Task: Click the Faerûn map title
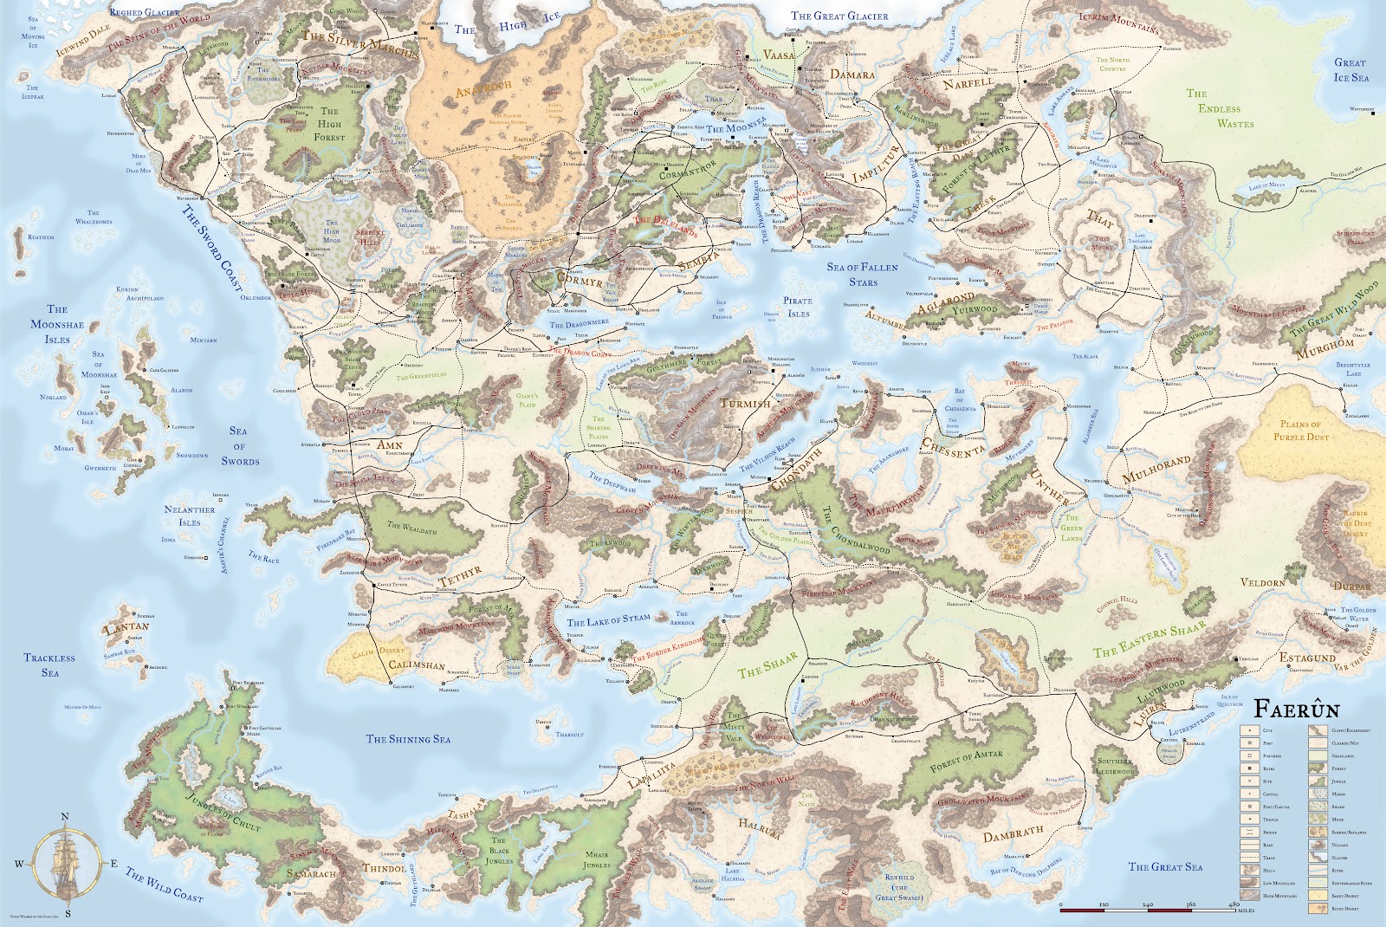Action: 1297,710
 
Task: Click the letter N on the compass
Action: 65,817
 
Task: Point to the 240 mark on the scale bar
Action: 1148,904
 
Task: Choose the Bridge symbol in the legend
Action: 1250,833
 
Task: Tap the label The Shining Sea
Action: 408,739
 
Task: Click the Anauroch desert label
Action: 483,89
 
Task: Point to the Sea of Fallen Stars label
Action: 862,275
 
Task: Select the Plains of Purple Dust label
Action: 1301,431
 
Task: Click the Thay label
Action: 1100,218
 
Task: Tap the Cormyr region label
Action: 579,282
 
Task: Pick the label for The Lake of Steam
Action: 608,620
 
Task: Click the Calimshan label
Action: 417,665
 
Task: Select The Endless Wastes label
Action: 1219,108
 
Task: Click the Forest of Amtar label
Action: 966,761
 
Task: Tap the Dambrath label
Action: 1013,833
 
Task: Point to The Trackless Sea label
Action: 49,665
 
